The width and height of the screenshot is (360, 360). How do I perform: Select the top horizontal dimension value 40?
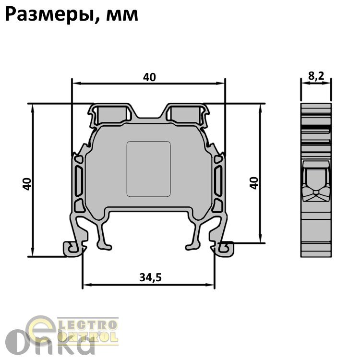(149, 77)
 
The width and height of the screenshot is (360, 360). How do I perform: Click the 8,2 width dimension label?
(316, 76)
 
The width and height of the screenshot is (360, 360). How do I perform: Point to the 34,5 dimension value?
(150, 277)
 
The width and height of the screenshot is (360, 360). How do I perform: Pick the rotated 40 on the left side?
(27, 184)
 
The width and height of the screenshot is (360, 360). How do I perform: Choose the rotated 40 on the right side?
(254, 183)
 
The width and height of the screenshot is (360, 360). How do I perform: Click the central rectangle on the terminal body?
(148, 169)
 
